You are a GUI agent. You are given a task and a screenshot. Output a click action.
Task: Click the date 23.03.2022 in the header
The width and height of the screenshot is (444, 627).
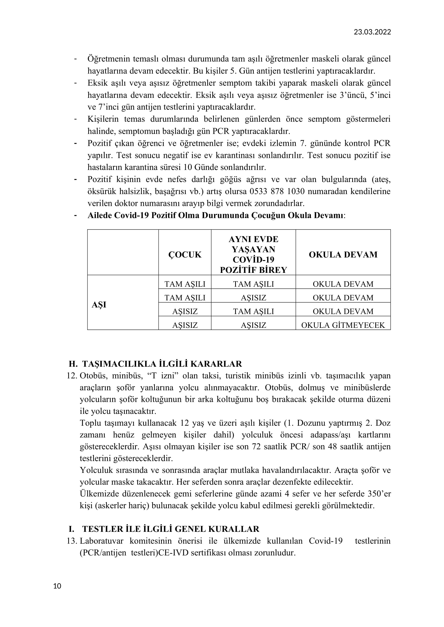point(372,32)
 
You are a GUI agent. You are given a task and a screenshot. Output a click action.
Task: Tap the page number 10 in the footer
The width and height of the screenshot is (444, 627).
point(57,586)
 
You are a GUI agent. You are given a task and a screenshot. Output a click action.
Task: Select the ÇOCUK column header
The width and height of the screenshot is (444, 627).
point(185,254)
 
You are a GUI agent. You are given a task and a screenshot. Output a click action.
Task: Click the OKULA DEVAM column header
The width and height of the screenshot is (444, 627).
point(343,254)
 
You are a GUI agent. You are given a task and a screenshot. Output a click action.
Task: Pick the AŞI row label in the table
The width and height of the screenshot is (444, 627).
point(99,305)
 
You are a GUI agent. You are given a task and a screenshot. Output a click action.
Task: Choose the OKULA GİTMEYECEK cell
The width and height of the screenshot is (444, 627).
point(343,325)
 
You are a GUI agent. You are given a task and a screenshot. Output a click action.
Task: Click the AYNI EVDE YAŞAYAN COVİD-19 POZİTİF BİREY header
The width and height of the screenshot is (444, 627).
point(253,254)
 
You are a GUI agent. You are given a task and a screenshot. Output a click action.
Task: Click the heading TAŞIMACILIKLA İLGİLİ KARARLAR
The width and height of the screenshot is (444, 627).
point(162,364)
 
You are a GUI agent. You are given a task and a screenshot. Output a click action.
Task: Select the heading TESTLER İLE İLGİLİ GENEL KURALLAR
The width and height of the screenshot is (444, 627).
point(171,529)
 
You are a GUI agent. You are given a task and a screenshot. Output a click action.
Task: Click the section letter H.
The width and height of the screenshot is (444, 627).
point(73,364)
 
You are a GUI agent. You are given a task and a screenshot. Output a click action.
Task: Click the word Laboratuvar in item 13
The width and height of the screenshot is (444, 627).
point(101,541)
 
